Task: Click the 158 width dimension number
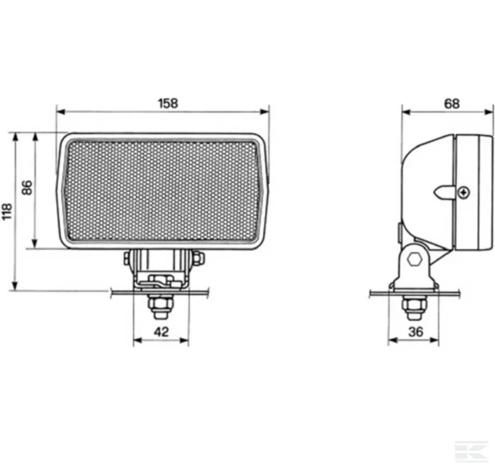[x=168, y=103]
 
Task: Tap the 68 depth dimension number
[x=452, y=103]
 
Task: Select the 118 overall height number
[x=7, y=211]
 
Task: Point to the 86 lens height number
[x=27, y=187]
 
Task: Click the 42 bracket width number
[x=161, y=332]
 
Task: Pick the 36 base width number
[x=415, y=332]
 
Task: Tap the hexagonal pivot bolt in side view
[x=415, y=259]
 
